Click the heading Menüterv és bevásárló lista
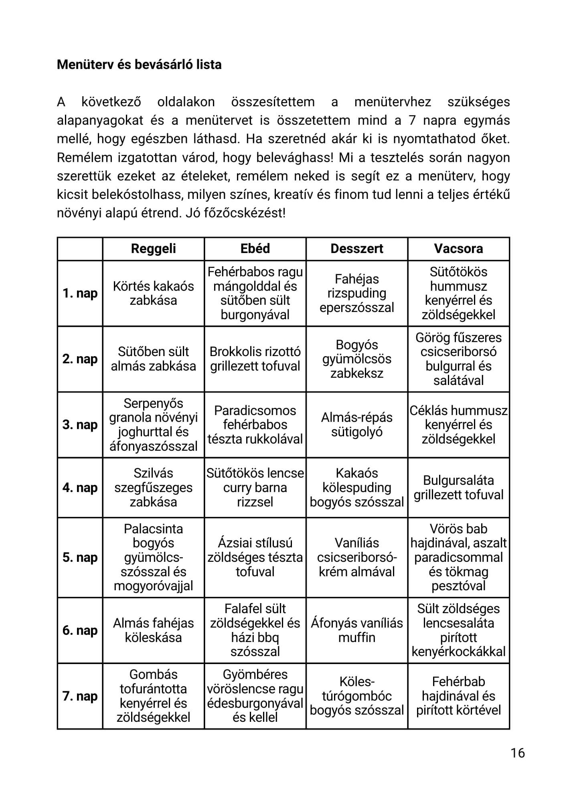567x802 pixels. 139,65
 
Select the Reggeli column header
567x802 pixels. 153,249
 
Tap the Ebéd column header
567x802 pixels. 255,249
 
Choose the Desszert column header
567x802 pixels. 356,249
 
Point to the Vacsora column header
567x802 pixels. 458,249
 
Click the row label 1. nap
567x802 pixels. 80,294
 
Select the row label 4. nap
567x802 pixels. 80,488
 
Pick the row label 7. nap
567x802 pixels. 80,696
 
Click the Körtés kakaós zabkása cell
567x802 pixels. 153,294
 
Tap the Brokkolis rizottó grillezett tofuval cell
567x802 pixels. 255,359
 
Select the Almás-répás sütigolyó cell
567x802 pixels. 356,425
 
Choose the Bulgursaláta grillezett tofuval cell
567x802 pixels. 458,488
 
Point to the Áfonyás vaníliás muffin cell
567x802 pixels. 356,630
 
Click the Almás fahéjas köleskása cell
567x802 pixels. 153,630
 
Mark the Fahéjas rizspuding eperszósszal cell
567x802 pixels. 356,294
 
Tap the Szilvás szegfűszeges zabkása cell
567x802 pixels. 153,488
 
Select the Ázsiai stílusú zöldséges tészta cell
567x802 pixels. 255,557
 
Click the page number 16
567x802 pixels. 518,753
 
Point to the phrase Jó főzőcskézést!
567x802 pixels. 236,213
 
